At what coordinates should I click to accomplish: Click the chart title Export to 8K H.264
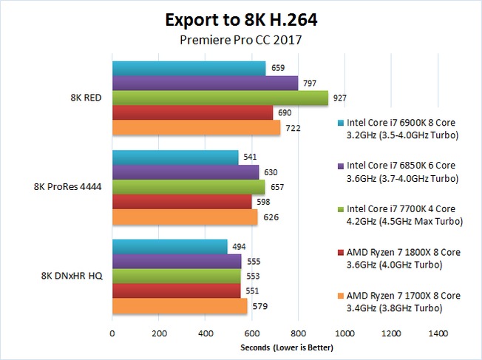coord(240,18)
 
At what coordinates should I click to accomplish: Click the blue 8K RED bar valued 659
coord(189,69)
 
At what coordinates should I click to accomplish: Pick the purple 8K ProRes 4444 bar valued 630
coord(186,172)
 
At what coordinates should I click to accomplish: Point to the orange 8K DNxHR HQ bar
coord(180,305)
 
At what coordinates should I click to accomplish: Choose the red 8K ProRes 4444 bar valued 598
coord(182,202)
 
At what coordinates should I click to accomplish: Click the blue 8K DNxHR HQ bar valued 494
coord(169,246)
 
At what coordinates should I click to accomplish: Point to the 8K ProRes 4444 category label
coord(67,187)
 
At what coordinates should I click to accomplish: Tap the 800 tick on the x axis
coord(299,333)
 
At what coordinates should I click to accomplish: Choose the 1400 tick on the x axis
coord(438,333)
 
